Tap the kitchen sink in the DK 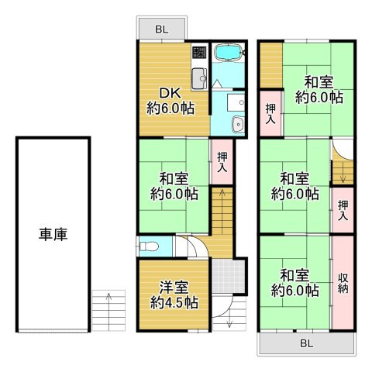click(197, 77)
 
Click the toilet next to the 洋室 click(150, 246)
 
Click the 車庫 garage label click(53, 233)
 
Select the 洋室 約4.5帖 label click(171, 294)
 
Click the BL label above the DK click(160, 29)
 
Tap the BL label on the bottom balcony click(306, 341)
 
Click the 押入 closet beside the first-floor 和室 click(222, 161)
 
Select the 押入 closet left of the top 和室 click(270, 113)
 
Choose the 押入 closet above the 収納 click(343, 210)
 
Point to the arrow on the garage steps click(108, 295)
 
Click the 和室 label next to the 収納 click(295, 282)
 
